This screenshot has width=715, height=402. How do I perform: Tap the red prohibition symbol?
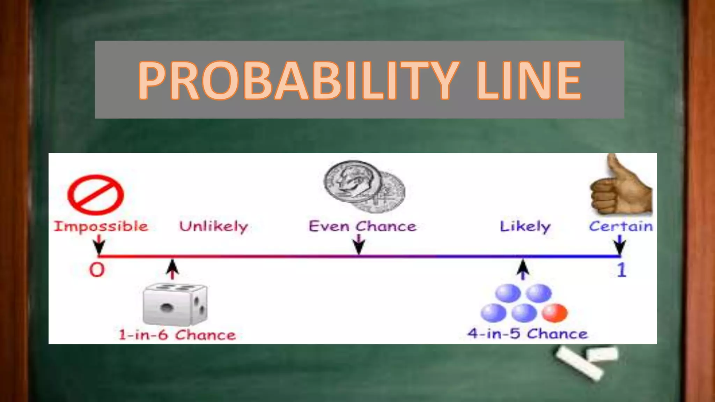click(95, 195)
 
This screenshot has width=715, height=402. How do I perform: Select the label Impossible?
click(101, 226)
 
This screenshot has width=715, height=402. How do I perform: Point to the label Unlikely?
click(214, 226)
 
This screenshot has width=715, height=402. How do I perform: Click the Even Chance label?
click(362, 226)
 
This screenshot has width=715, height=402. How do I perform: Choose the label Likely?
click(525, 226)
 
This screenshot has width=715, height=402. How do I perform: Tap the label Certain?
click(621, 226)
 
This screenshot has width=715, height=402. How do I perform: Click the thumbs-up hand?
click(621, 188)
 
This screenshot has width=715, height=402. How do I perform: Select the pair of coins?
click(364, 186)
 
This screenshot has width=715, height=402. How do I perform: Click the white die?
click(175, 304)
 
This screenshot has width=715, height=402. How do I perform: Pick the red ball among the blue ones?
click(554, 312)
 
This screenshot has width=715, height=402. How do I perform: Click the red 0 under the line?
click(97, 270)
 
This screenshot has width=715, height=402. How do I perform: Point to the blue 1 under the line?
click(621, 270)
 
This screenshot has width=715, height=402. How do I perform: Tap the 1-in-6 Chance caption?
click(177, 335)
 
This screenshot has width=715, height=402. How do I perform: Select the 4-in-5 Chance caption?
click(528, 334)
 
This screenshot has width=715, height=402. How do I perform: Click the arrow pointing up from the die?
click(172, 269)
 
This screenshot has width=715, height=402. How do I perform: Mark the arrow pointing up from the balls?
click(523, 269)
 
